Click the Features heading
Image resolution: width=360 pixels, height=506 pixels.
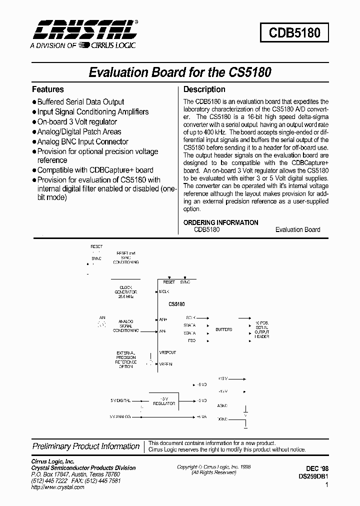(48, 89)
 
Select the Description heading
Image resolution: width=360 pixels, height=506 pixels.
(204, 89)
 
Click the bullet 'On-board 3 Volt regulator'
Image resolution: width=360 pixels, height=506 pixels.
(77, 121)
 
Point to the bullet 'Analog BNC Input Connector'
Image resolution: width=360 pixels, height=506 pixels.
(82, 141)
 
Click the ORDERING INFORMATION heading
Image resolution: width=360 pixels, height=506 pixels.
(221, 222)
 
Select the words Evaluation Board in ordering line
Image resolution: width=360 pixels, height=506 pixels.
(297, 229)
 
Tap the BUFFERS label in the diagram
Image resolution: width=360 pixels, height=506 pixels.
(223, 330)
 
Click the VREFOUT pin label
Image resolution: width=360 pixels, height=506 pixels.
(167, 352)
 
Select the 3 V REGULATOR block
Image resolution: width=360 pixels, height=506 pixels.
(164, 401)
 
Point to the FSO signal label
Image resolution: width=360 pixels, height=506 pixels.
(191, 340)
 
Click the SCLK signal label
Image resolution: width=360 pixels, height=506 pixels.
(190, 317)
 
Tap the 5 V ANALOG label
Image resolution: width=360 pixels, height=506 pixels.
(120, 416)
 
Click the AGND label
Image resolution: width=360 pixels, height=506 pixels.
(222, 405)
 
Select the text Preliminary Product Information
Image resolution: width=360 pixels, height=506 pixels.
(86, 446)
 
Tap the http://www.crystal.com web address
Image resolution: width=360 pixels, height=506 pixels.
(58, 487)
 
